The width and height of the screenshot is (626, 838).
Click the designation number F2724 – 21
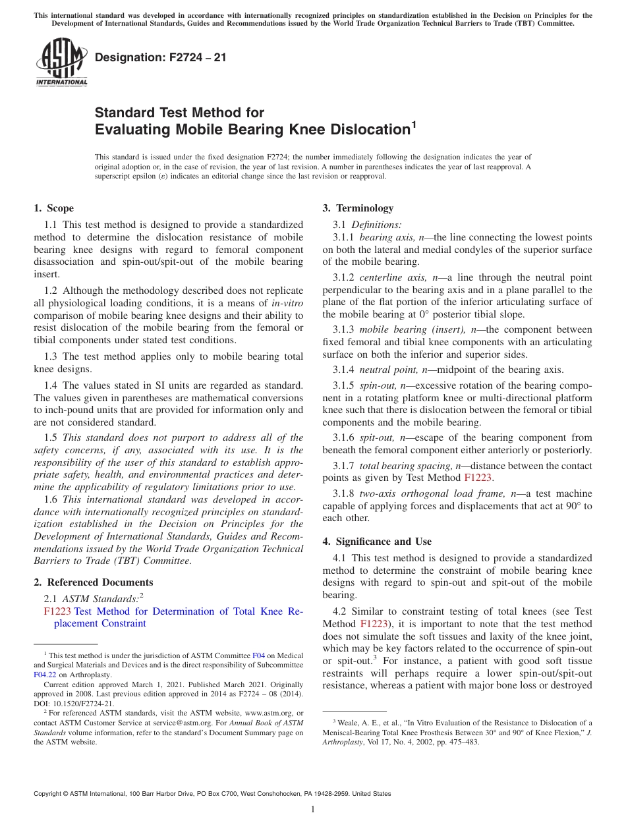[160, 57]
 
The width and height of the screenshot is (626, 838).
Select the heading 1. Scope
[53, 208]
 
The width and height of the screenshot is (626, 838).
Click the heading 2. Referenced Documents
[94, 582]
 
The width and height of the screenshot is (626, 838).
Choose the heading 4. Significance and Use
[377, 542]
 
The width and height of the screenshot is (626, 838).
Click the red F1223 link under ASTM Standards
[57, 611]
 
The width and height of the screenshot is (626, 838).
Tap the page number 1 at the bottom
[313, 810]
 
